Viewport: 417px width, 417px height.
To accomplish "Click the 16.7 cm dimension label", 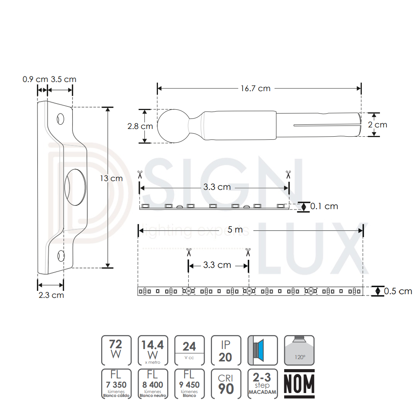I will (256, 88).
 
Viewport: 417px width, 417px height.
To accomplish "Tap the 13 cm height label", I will (111, 178).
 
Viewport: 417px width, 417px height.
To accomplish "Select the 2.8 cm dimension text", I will (140, 126).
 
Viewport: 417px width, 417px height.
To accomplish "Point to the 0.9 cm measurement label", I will (35, 80).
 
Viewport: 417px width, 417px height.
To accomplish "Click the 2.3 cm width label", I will (51, 295).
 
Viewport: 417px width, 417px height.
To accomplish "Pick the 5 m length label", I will (235, 230).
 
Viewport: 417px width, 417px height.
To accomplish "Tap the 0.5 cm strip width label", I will (398, 291).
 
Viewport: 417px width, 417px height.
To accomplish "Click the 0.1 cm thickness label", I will (324, 206).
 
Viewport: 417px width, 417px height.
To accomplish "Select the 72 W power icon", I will (116, 350).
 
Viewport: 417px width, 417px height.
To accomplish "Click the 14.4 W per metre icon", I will (153, 350).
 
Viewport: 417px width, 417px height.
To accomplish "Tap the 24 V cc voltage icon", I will (189, 350).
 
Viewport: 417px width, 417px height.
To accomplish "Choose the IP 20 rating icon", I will (225, 350).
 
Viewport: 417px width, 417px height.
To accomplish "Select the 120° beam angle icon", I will (299, 350).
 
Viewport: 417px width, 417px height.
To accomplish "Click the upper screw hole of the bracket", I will (61, 119).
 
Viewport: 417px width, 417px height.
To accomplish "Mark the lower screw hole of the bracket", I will (61, 255).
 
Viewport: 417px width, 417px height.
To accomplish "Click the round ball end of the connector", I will (172, 126).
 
